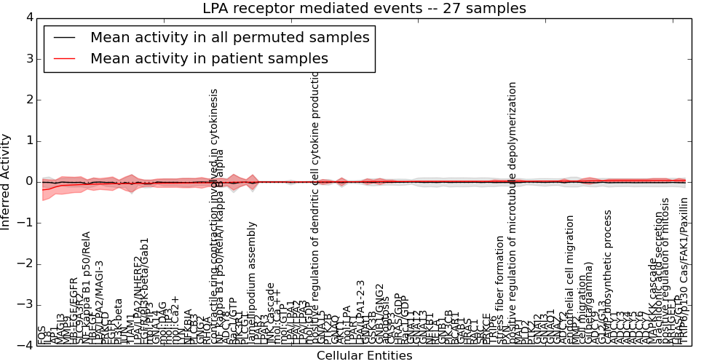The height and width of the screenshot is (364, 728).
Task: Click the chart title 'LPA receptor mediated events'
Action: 364,9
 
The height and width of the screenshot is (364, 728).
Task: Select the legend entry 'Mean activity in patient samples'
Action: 209,58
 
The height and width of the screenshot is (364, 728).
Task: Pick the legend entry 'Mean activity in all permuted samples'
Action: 229,38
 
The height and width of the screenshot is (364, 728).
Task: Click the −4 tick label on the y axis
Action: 25,346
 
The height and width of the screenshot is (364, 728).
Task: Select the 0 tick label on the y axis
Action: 28,181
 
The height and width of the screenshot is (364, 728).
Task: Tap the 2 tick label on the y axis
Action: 28,100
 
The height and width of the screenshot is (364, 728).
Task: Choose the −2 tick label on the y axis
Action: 25,264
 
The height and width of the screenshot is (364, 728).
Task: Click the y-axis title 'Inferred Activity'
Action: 7,181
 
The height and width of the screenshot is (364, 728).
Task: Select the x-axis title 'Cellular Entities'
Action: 364,356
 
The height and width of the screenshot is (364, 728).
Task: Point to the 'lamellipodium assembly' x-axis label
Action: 252,283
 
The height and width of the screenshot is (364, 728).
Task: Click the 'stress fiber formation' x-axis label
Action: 499,290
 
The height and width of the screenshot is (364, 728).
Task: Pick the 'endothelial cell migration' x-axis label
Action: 570,280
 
